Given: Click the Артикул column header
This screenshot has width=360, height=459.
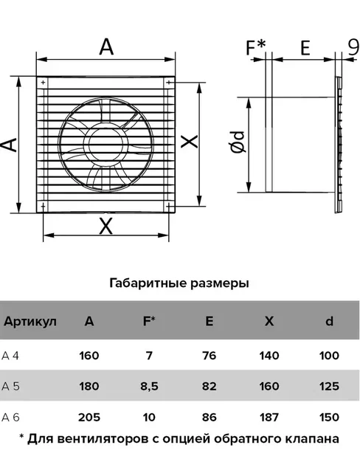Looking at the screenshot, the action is (x=30, y=322).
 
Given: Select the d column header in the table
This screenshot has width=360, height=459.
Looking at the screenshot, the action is (x=329, y=321).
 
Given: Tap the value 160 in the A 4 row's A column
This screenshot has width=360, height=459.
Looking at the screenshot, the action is (x=89, y=356).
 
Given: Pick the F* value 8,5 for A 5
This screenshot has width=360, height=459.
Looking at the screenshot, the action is (x=149, y=387).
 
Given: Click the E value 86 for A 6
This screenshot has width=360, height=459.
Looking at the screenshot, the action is (x=209, y=417).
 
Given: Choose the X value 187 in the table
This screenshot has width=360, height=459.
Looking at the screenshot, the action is (x=269, y=417).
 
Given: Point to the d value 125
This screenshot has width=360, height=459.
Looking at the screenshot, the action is (x=329, y=387).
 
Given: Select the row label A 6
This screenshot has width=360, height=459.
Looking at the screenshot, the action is (x=10, y=417).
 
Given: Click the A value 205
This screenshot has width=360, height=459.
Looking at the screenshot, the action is (x=89, y=417).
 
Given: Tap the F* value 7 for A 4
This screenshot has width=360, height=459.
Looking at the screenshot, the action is (x=149, y=356).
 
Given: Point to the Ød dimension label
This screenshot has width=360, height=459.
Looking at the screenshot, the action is (x=238, y=142).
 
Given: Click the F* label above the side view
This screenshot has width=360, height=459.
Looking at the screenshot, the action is (x=255, y=47).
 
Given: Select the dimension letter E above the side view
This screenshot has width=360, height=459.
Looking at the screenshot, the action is (x=305, y=47).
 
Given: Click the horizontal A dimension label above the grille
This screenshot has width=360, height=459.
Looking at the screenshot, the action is (x=106, y=46).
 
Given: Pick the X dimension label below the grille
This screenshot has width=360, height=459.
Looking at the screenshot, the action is (x=105, y=226).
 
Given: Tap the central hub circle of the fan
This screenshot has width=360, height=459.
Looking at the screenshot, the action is (x=106, y=144).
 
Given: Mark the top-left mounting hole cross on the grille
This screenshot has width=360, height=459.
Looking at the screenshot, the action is (x=43, y=83).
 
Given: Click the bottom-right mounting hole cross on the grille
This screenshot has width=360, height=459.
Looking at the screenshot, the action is (x=169, y=207).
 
